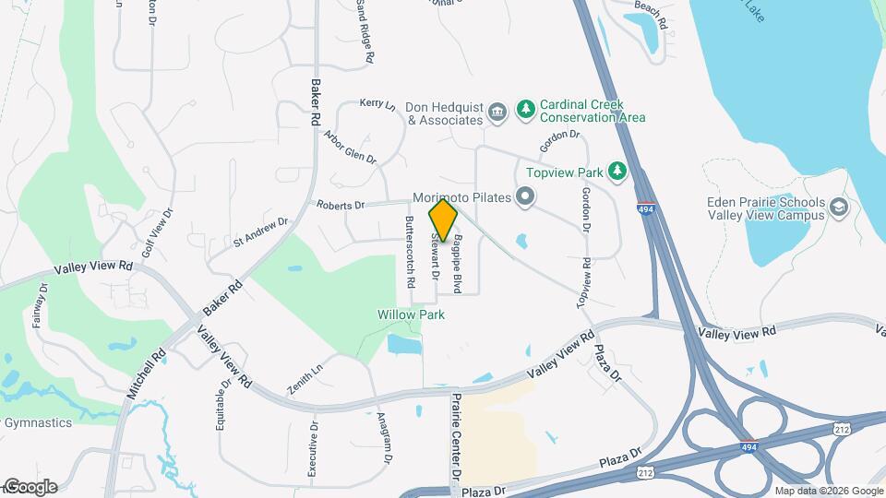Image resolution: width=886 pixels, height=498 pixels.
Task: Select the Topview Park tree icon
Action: (617, 172)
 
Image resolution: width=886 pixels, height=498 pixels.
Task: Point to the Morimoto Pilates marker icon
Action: (525, 196)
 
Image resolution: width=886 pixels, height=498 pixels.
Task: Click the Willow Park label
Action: (411, 314)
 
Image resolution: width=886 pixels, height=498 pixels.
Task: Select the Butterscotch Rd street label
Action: (411, 250)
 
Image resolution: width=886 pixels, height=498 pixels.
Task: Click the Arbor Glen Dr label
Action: (351, 146)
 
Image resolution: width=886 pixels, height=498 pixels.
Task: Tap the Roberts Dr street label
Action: (341, 204)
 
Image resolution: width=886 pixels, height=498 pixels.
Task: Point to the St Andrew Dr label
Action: (261, 232)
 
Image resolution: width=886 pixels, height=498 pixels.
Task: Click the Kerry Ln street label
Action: (377, 104)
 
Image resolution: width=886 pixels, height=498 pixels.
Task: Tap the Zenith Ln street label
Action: (305, 379)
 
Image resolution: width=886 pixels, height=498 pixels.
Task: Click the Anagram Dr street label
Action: (383, 437)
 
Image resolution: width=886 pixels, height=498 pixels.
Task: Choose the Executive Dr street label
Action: (312, 450)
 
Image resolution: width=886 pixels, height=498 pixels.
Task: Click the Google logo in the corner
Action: (30, 487)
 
